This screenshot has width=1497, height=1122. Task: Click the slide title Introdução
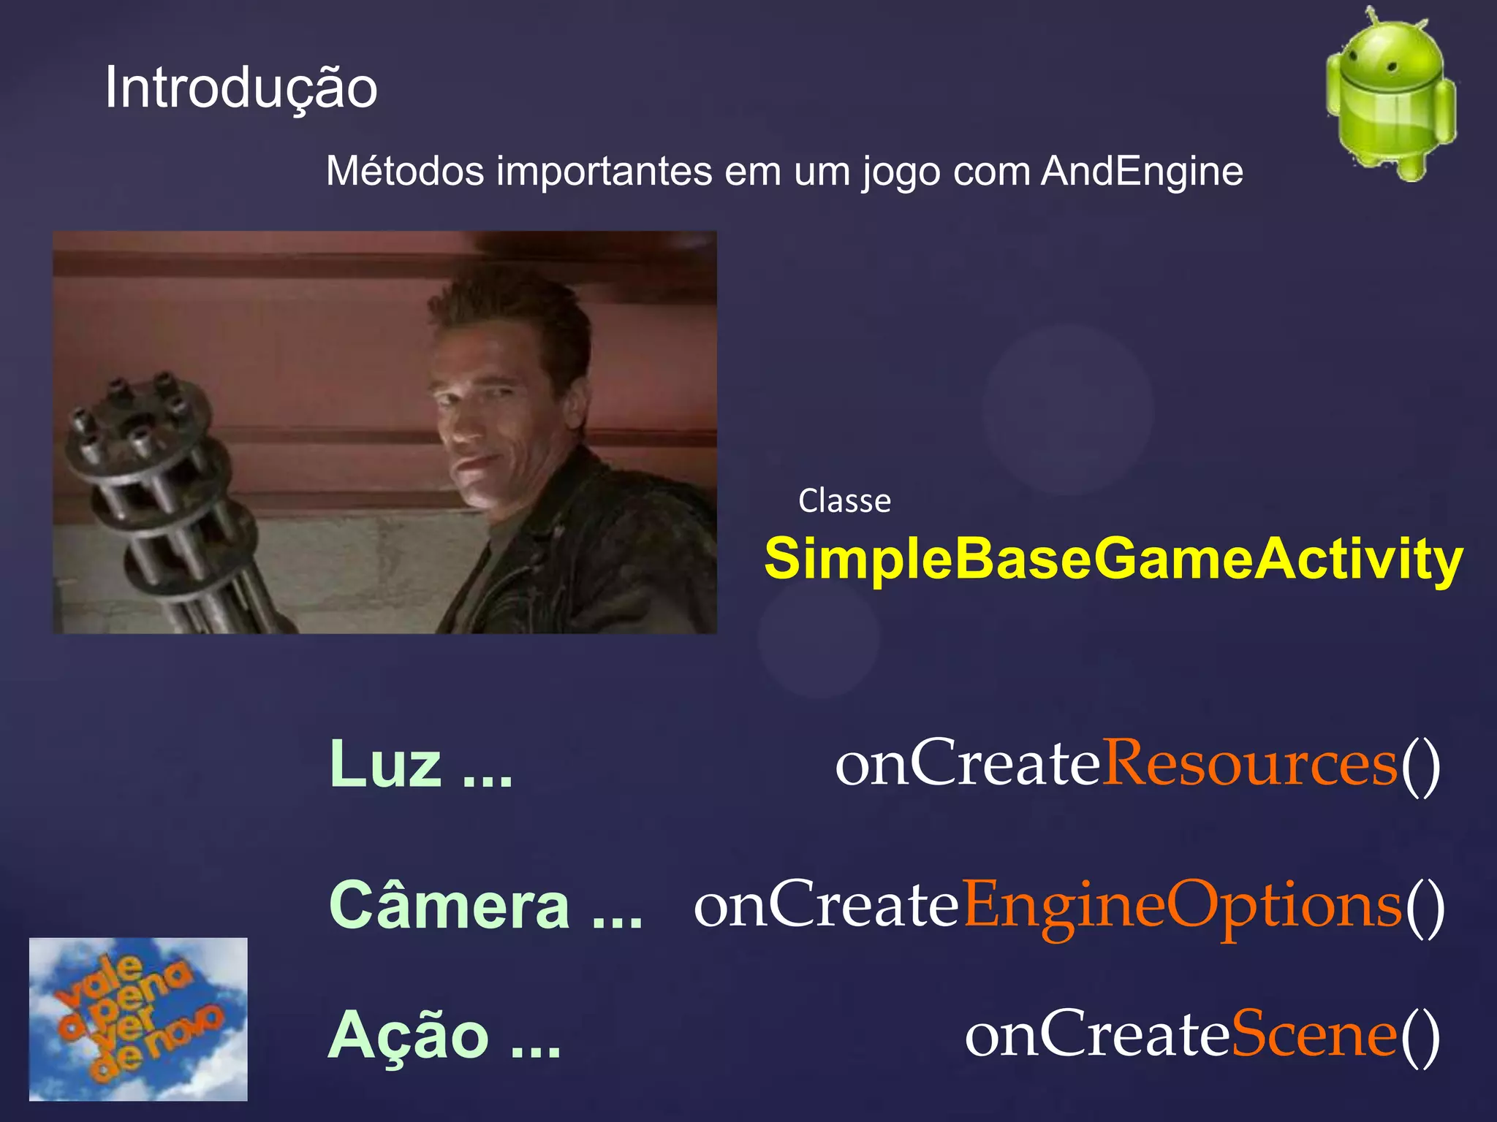pyautogui.click(x=241, y=88)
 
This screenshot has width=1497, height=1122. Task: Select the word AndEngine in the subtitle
pyautogui.click(x=1142, y=172)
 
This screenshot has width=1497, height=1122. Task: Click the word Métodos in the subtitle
pyautogui.click(x=405, y=172)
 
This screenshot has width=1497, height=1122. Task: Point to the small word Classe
pyautogui.click(x=844, y=501)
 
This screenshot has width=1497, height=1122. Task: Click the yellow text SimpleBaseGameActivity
pyautogui.click(x=1113, y=559)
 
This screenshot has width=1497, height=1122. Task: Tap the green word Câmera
pyautogui.click(x=449, y=906)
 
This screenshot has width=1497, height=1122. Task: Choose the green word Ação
pyautogui.click(x=408, y=1035)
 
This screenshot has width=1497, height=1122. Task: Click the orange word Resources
pyautogui.click(x=1249, y=764)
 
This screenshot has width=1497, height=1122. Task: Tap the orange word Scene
pyautogui.click(x=1314, y=1035)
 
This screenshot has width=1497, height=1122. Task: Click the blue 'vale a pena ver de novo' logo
pyautogui.click(x=138, y=1019)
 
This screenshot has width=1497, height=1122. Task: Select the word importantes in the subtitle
pyautogui.click(x=604, y=172)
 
